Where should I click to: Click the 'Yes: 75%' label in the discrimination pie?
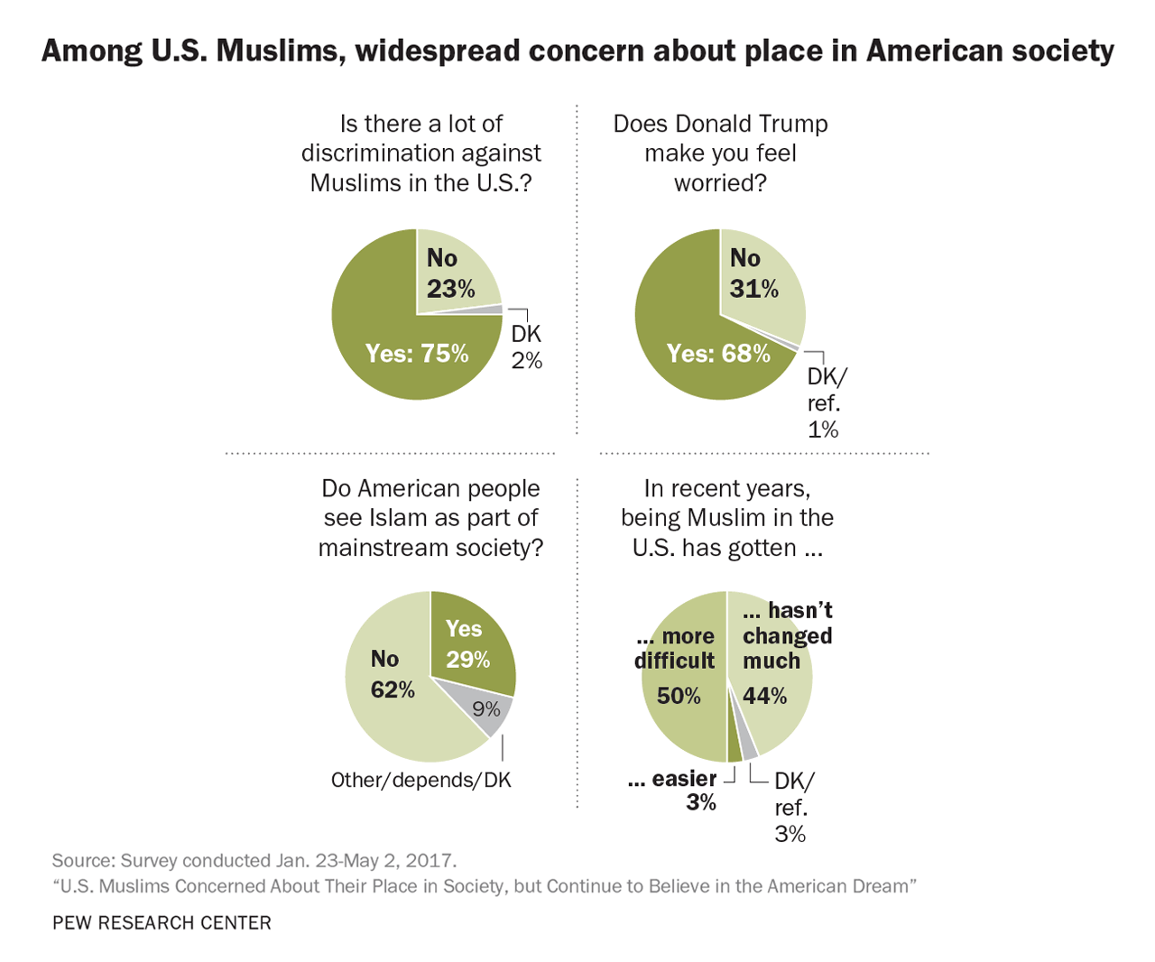tap(417, 353)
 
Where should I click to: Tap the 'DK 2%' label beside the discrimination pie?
tap(527, 347)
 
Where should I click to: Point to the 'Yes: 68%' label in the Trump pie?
tap(718, 353)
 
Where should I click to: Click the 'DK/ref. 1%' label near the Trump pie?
tap(825, 402)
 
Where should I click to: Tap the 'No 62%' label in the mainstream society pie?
tap(393, 674)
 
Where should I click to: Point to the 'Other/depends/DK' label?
tap(421, 780)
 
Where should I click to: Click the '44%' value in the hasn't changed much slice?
tap(765, 696)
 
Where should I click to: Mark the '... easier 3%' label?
tap(674, 790)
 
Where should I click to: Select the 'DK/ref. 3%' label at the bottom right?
tap(792, 807)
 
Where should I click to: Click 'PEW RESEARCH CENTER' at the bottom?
tap(162, 922)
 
